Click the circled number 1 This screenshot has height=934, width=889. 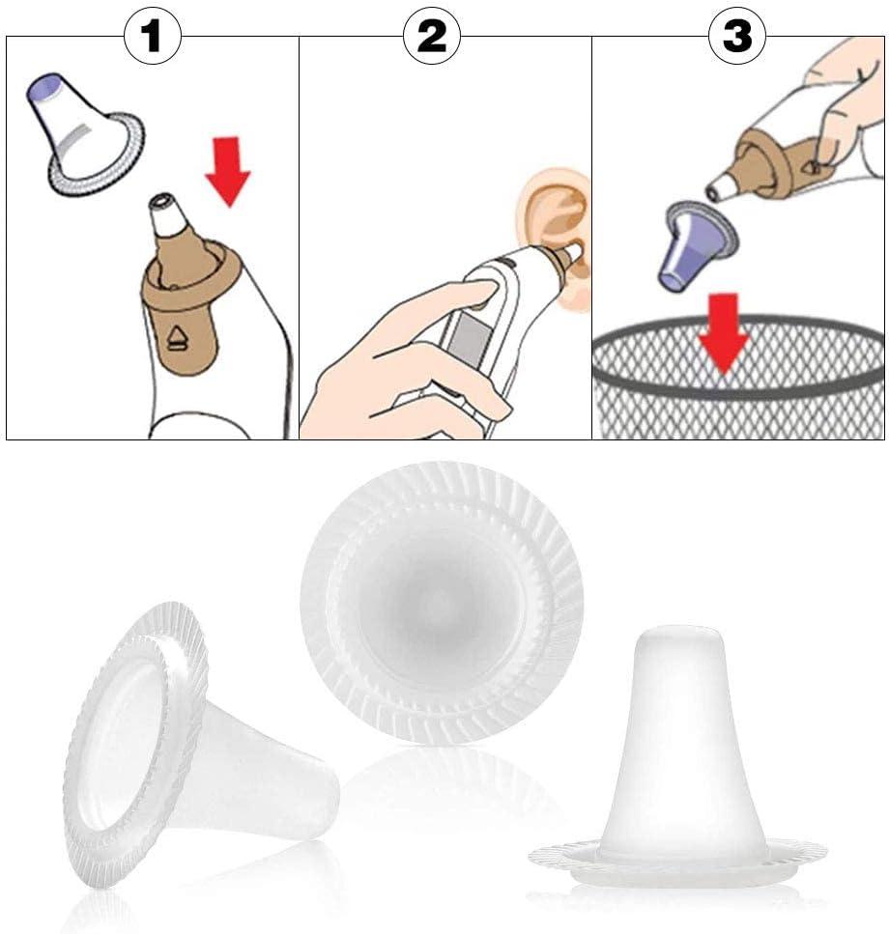tap(152, 36)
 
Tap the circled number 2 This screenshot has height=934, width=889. tap(432, 36)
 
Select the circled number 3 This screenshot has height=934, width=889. tap(737, 36)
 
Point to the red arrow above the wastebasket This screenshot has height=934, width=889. tap(724, 333)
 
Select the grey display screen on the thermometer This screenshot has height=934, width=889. tap(469, 340)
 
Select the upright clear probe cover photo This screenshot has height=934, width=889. tap(678, 756)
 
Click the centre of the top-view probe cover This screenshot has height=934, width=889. tap(442, 602)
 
